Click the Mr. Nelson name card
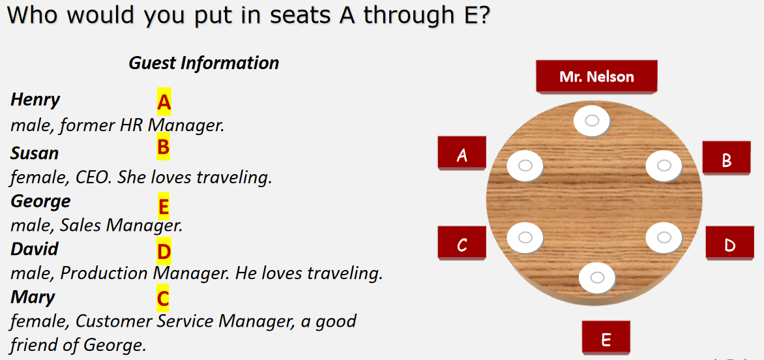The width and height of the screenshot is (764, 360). [596, 76]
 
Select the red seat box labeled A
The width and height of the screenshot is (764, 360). [462, 153]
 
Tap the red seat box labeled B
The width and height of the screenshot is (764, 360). [726, 158]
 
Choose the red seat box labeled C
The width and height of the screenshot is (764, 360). [462, 243]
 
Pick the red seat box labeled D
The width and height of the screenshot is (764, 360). [729, 243]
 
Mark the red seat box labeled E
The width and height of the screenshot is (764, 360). [606, 337]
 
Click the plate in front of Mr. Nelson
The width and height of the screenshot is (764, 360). [591, 120]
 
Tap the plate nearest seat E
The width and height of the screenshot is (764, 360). [597, 277]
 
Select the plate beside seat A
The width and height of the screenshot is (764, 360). [525, 166]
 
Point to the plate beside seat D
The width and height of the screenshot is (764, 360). [664, 237]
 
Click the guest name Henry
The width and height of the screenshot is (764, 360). [35, 100]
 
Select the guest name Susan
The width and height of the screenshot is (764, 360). [35, 153]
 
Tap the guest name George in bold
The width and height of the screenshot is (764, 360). [40, 202]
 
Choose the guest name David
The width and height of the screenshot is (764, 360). [35, 249]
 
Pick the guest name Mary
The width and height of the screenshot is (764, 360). [33, 297]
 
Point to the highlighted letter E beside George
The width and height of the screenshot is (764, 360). [163, 207]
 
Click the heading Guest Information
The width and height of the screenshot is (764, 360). [203, 63]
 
